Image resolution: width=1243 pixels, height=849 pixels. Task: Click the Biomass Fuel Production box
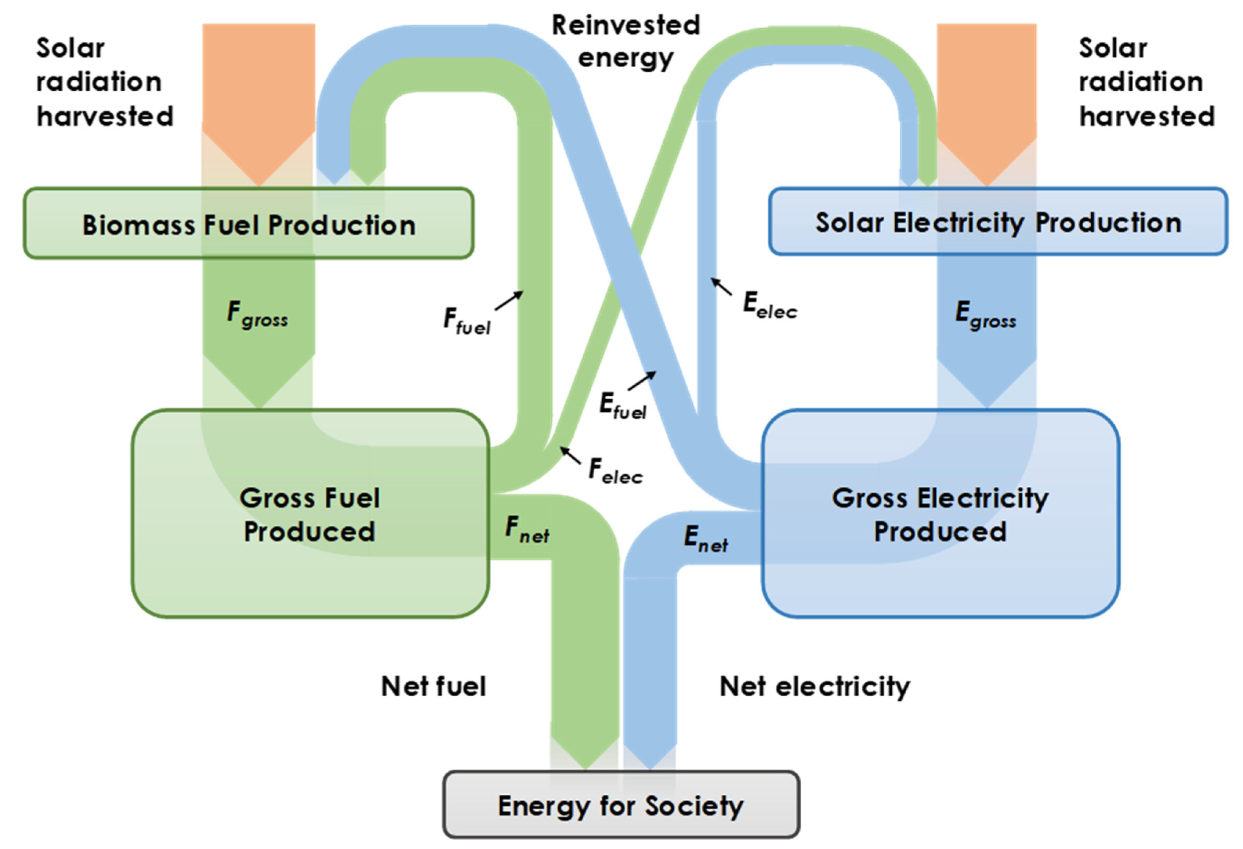248,224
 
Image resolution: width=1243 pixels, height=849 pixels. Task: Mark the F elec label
615,471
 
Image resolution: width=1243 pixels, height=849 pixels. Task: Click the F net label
527,529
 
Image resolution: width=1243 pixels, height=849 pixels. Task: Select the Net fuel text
433,686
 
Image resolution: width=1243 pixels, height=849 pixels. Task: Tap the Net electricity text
815,686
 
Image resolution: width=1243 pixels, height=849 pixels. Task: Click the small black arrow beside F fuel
509,301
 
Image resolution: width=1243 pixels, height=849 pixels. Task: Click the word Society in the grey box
694,806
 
